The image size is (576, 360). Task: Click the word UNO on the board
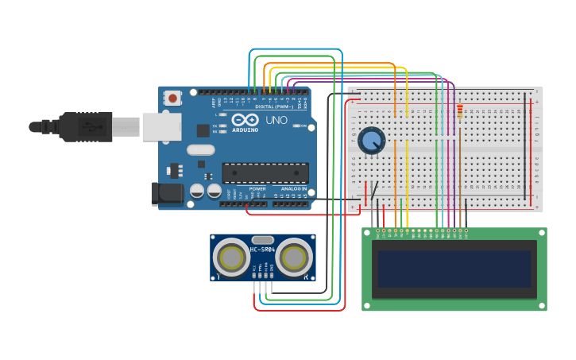(276, 120)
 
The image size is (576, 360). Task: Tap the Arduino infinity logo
(245, 120)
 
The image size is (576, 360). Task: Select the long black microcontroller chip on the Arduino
(265, 172)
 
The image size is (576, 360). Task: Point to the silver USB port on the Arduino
(162, 126)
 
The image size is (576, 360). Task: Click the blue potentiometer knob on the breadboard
(370, 141)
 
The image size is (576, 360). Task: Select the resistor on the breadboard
(459, 111)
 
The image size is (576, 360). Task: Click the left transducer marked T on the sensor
(232, 257)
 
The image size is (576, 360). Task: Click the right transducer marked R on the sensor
(294, 257)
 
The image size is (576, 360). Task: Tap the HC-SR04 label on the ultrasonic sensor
(263, 250)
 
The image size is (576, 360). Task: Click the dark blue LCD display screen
(454, 269)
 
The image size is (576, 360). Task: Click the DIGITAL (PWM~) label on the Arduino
(273, 106)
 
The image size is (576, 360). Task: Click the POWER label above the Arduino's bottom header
(257, 188)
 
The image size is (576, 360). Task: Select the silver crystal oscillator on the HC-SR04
(263, 239)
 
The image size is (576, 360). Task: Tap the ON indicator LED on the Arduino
(296, 126)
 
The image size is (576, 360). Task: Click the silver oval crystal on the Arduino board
(201, 149)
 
